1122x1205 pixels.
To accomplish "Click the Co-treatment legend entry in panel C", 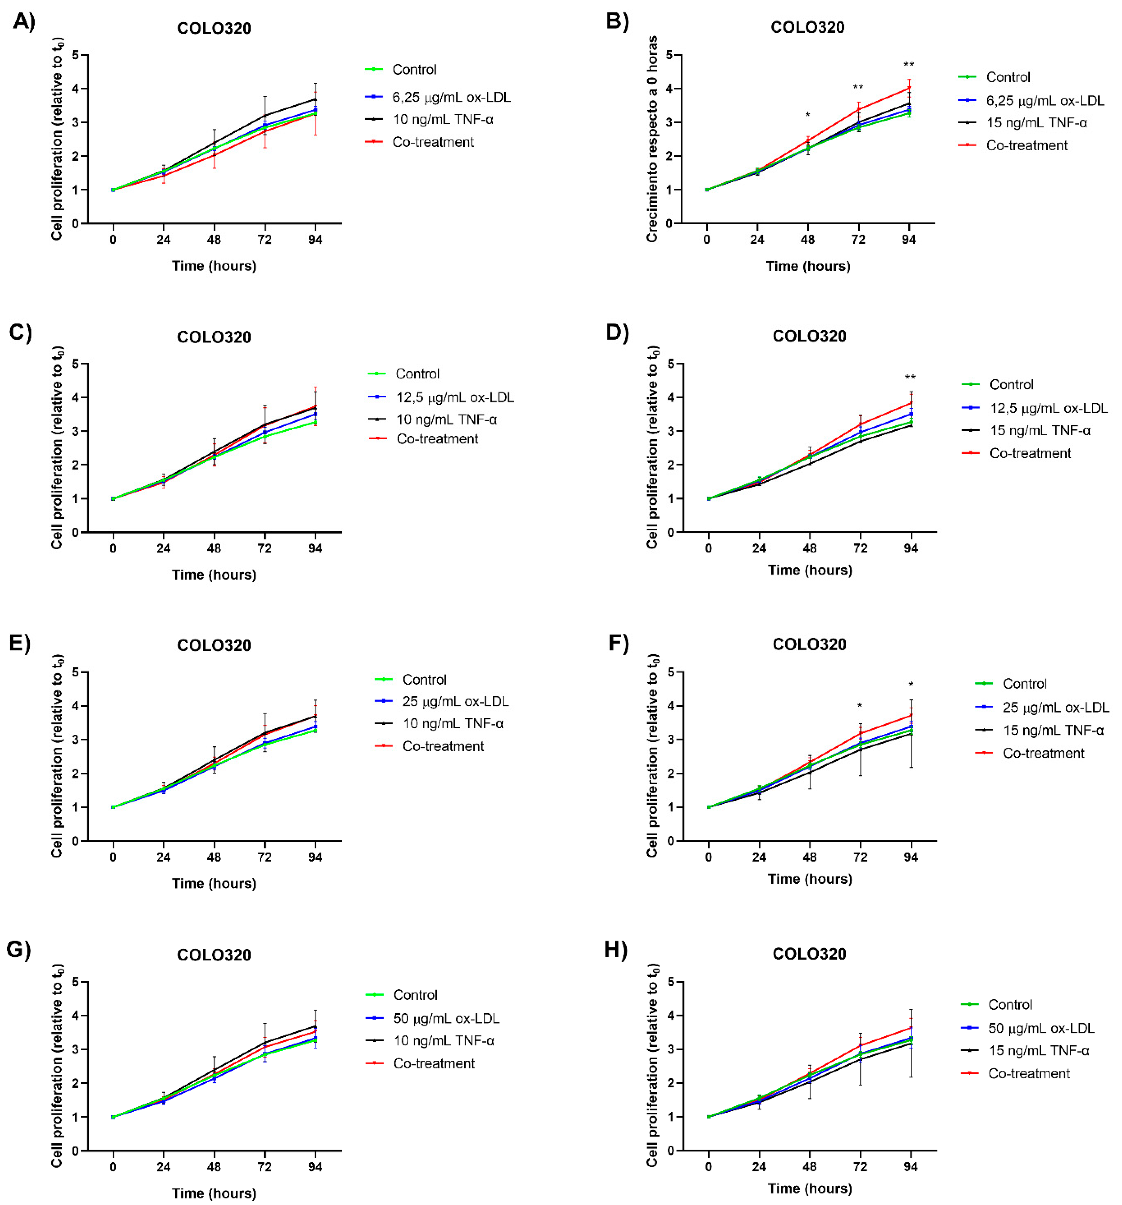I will coord(437,439).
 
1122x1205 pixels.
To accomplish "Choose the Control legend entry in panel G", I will coord(415,995).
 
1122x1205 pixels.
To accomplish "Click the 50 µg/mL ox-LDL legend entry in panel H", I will coord(1041,1028).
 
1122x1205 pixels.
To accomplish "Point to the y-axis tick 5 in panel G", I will coord(76,982).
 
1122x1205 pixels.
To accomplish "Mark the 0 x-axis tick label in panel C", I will coord(113,549).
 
